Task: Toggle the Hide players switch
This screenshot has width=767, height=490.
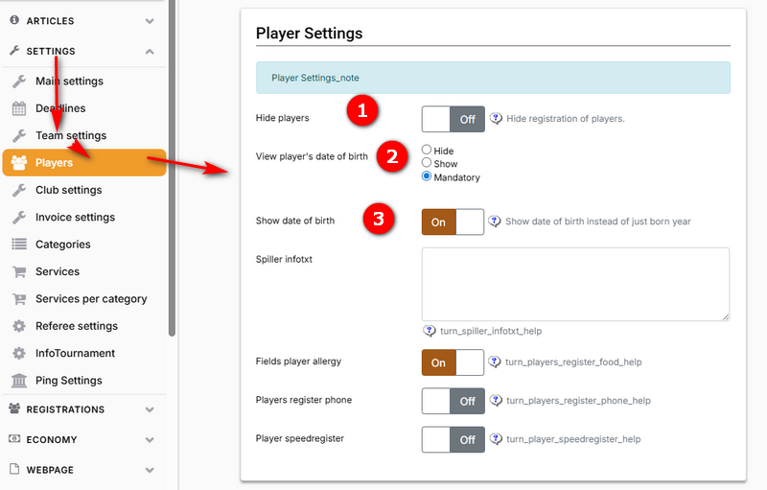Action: (453, 119)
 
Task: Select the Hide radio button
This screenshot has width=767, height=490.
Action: (427, 150)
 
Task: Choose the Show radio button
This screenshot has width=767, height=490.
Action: (427, 162)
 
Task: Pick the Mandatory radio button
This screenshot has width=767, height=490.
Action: (427, 176)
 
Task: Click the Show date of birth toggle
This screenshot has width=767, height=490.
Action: (453, 222)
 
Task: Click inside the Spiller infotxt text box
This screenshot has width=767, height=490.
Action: (576, 284)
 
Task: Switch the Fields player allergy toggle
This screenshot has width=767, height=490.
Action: (453, 362)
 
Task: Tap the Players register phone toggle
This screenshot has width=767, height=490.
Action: (453, 401)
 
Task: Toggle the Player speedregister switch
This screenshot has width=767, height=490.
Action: (453, 439)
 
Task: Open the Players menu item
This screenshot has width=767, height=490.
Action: (84, 162)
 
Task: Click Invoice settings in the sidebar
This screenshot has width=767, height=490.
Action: (75, 217)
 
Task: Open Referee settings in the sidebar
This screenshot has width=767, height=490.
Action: (77, 326)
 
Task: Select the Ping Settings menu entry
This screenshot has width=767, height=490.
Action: (68, 380)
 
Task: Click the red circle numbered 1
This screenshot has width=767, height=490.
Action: (362, 110)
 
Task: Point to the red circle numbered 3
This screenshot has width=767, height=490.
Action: (378, 219)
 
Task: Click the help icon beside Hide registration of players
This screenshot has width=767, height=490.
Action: (496, 118)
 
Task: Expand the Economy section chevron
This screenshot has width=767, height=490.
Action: (150, 439)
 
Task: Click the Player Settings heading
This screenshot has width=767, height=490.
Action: (309, 34)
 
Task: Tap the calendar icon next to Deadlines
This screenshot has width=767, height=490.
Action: (19, 108)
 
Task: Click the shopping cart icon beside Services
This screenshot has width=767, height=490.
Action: (19, 271)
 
